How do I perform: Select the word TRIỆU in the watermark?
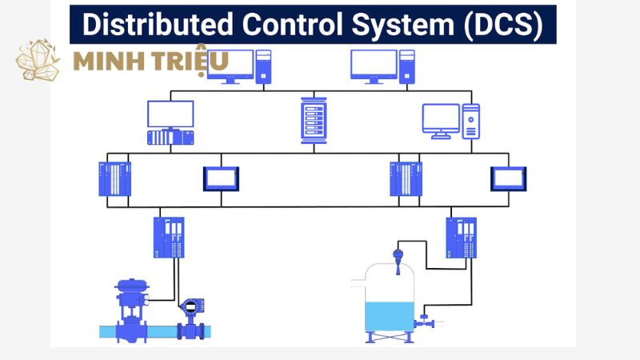pyautogui.click(x=195, y=60)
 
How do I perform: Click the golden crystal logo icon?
pyautogui.click(x=38, y=60)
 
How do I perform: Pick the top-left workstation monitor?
pyautogui.click(x=229, y=64)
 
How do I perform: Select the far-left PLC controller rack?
pyautogui.click(x=114, y=179)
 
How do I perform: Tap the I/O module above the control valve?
pyautogui.click(x=169, y=237)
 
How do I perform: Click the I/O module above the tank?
pyautogui.click(x=461, y=237)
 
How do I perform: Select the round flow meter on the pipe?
pyautogui.click(x=191, y=309)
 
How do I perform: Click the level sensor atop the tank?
pyautogui.click(x=397, y=258)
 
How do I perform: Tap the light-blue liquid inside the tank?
pyautogui.click(x=390, y=316)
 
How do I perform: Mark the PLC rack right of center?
pyautogui.click(x=406, y=179)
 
